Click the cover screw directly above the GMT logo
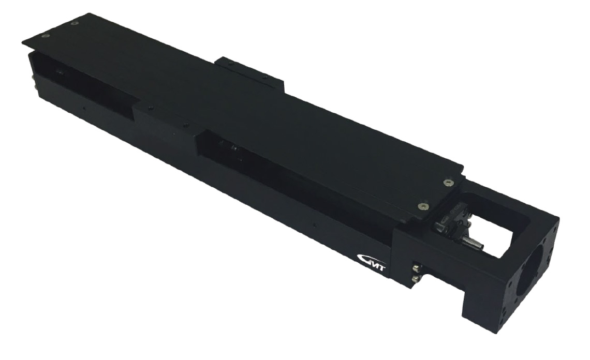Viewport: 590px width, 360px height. click(421, 205)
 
